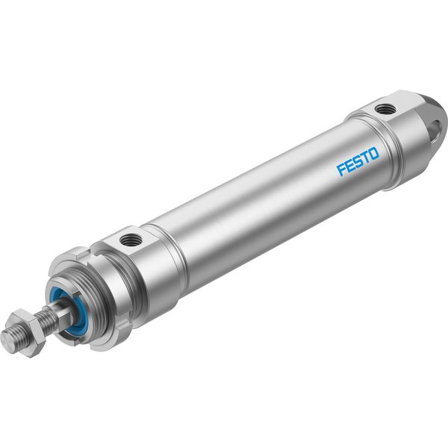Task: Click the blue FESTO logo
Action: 358,161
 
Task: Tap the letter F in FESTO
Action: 341,169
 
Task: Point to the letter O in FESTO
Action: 373,153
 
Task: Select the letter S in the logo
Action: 358,161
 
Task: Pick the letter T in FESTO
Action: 365,157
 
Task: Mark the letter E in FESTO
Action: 349,166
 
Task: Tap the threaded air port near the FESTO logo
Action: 386,109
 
